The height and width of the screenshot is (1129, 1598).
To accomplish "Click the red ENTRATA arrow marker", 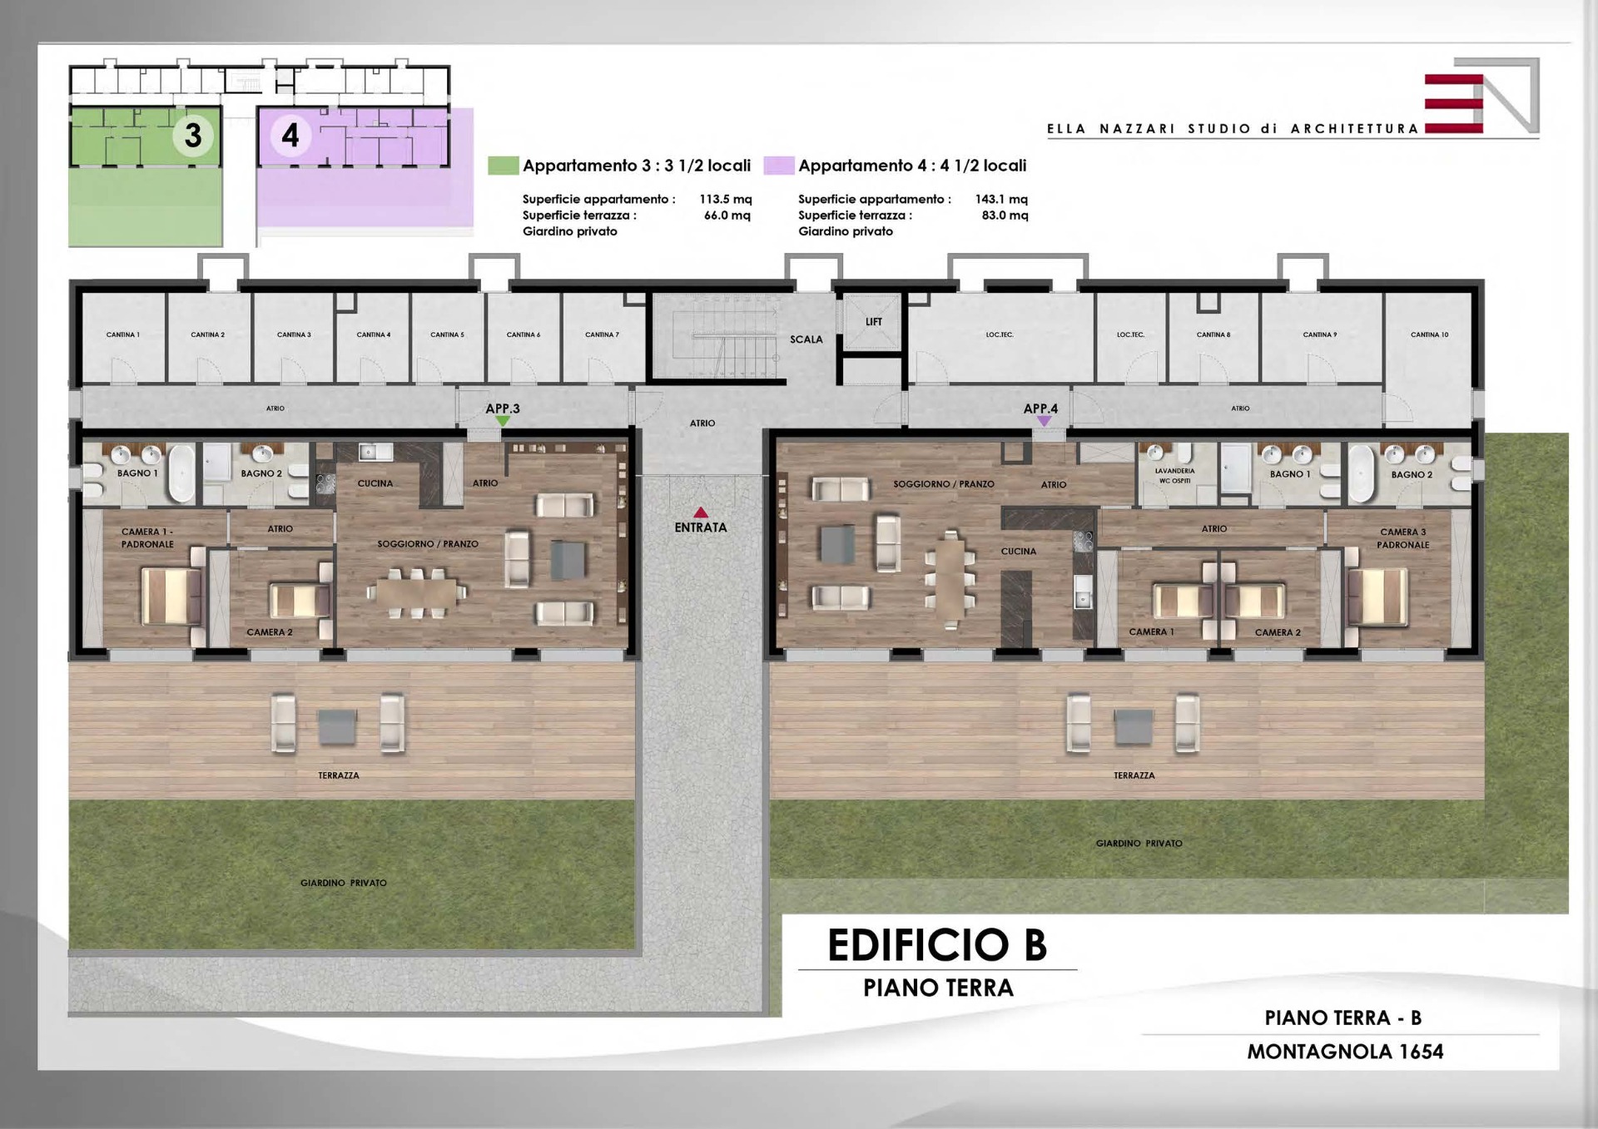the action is [x=701, y=513].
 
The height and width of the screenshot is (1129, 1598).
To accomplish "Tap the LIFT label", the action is [x=873, y=322].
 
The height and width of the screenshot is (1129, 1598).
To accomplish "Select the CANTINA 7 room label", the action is [x=602, y=334].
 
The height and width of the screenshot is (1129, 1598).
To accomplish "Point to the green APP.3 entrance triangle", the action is [x=503, y=422].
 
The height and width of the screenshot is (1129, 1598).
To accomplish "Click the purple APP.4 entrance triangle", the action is [x=1044, y=422].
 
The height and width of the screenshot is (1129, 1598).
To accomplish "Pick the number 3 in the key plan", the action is [x=193, y=135].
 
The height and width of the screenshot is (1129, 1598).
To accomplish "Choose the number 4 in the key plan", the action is [x=290, y=135].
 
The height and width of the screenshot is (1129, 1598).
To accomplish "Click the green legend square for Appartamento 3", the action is [x=503, y=165].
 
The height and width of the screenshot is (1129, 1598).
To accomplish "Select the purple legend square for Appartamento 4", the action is [x=778, y=165].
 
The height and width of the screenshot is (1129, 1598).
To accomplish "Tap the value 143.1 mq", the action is [x=1001, y=199].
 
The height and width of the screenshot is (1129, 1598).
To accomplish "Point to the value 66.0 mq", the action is [x=727, y=215].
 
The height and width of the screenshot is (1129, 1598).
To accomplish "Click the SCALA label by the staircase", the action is [x=806, y=339].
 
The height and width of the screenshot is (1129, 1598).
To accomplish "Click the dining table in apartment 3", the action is [x=416, y=593].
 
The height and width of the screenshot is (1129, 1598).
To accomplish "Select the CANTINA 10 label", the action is [x=1429, y=334].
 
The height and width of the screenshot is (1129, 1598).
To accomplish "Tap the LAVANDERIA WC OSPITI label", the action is [x=1174, y=476].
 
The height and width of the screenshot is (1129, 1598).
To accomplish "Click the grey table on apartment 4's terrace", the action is [x=1134, y=726].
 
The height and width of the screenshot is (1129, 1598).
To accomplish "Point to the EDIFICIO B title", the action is [x=937, y=945].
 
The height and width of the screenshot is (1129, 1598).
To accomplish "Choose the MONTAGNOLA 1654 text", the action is [x=1345, y=1052].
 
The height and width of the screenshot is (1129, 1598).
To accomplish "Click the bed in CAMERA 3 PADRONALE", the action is [x=1377, y=597].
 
